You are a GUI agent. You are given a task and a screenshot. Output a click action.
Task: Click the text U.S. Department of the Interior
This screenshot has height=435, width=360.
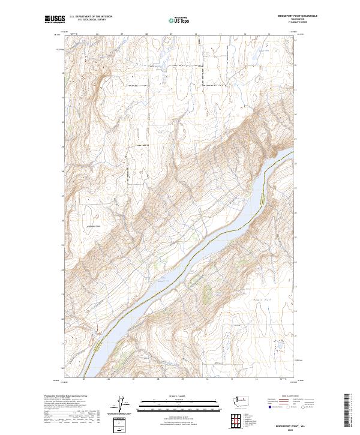pos(91,16)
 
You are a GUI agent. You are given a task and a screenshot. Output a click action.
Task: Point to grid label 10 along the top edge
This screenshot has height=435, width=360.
pos(196,35)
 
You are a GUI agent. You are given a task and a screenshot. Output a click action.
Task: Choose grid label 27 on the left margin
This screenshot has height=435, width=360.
pos(63,196)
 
